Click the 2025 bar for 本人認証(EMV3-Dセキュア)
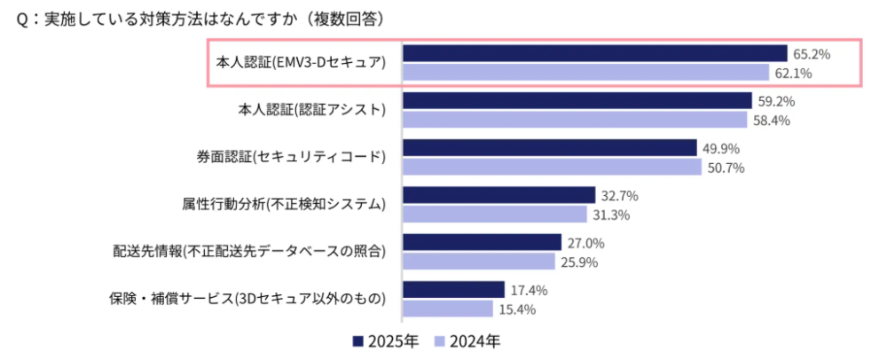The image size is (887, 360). point(594,53)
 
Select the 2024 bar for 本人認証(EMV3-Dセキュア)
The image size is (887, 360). point(585,73)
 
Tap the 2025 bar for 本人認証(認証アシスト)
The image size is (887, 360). point(577,100)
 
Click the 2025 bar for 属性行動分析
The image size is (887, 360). point(498,194)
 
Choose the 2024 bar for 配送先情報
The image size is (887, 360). point(479,262)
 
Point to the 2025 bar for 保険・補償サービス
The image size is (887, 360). point(453,289)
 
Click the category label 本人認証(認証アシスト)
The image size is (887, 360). point(312,110)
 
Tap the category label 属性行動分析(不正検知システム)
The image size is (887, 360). point(281,204)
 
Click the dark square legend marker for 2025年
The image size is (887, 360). point(358,341)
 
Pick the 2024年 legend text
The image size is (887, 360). point(474,341)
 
